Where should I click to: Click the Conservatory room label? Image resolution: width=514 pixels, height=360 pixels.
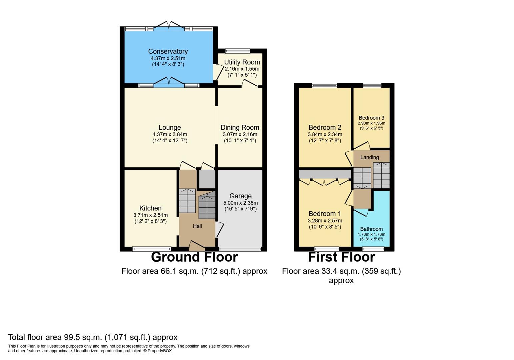click(168, 51)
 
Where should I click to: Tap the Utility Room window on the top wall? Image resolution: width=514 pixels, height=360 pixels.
click(238, 51)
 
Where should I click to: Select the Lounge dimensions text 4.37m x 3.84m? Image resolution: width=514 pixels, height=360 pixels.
click(170, 134)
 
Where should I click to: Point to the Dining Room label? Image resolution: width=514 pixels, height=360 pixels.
click(240, 127)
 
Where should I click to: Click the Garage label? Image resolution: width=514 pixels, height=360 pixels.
click(240, 196)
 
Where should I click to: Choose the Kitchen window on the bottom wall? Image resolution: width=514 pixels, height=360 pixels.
click(152, 249)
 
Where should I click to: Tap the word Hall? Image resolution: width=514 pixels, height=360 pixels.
click(197, 226)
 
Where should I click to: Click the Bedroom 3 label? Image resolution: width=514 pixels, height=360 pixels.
click(372, 118)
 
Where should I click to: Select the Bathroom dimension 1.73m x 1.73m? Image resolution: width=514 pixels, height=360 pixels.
click(372, 234)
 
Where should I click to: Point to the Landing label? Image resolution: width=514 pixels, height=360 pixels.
click(369, 157)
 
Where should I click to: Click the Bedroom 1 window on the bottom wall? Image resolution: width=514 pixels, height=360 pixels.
click(327, 249)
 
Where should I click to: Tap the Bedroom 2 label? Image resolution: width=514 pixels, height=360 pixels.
click(325, 127)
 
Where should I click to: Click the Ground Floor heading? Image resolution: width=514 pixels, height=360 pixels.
click(194, 257)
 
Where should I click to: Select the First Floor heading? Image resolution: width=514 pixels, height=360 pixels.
click(341, 257)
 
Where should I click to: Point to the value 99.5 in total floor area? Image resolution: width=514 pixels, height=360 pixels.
click(72, 337)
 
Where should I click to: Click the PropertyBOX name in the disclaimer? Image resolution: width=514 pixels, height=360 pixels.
click(159, 351)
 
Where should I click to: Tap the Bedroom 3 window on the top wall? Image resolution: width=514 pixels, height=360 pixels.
click(372, 85)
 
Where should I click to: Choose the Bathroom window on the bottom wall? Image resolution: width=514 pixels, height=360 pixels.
click(373, 249)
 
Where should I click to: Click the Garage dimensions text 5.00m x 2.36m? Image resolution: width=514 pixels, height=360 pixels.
click(240, 203)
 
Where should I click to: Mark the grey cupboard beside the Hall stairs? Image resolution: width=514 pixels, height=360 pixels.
click(207, 179)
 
